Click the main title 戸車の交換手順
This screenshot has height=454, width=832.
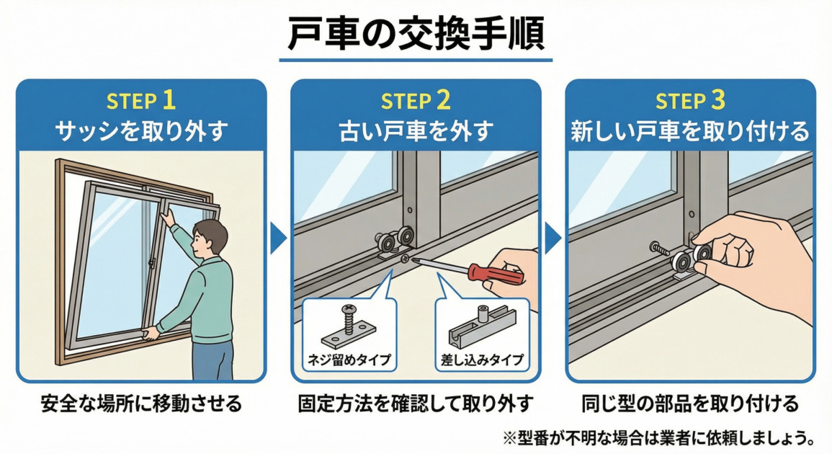pyautogui.click(x=416, y=32)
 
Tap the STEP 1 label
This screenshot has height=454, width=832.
pyautogui.click(x=141, y=100)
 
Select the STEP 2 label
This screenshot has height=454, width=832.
pyautogui.click(x=416, y=100)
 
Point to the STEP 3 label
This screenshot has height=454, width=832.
pyautogui.click(x=690, y=100)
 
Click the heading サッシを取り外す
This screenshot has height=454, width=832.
pyautogui.click(x=141, y=130)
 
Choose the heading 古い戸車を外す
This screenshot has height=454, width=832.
pyautogui.click(x=416, y=130)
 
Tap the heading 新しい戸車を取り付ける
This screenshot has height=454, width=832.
pyautogui.click(x=690, y=130)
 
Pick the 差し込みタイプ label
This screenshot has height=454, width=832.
pyautogui.click(x=481, y=358)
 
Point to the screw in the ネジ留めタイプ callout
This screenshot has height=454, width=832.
pyautogui.click(x=346, y=320)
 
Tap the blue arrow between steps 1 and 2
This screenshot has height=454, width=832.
pyautogui.click(x=278, y=239)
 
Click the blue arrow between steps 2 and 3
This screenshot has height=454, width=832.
pyautogui.click(x=553, y=239)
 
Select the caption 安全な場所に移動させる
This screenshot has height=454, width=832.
pyautogui.click(x=141, y=403)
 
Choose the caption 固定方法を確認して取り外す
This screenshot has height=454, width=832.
pyautogui.click(x=416, y=403)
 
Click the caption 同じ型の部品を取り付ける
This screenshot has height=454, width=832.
pyautogui.click(x=690, y=403)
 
